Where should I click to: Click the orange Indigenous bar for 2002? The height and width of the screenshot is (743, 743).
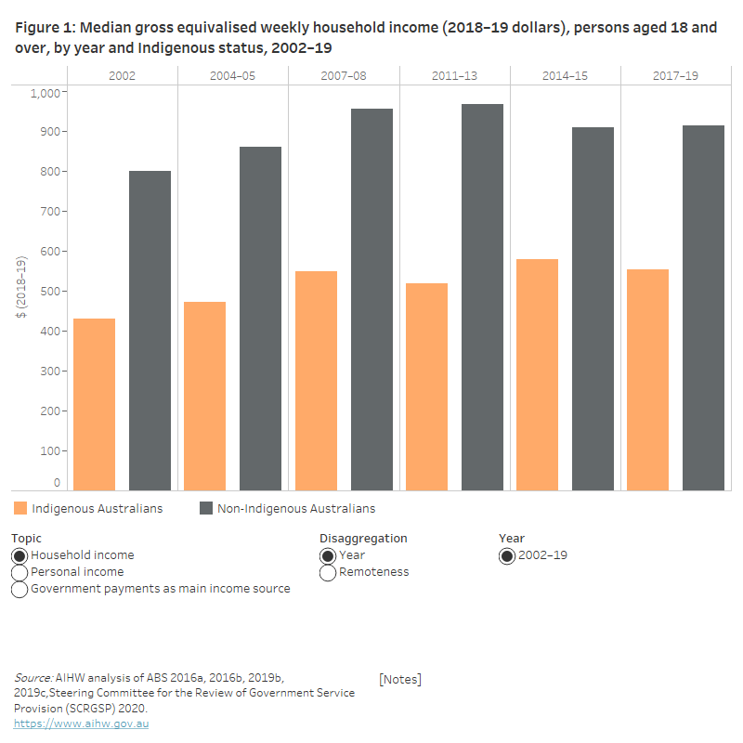[x=94, y=404]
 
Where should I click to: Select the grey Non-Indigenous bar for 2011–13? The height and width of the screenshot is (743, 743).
[x=482, y=297]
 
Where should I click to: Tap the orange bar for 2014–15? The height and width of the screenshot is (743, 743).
[x=537, y=374]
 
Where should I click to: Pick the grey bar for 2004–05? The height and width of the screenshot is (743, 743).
[x=260, y=318]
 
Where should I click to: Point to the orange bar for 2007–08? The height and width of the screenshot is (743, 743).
[x=316, y=381]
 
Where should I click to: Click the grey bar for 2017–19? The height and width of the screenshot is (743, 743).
[x=703, y=307]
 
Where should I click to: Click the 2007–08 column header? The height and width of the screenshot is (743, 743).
[x=344, y=75]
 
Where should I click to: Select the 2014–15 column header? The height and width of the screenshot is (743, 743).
[x=565, y=75]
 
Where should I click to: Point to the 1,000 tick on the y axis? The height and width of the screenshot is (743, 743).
[x=45, y=92]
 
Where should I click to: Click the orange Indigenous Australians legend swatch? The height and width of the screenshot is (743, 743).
[x=20, y=508]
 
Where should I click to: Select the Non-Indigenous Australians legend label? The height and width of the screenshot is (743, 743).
[x=295, y=508]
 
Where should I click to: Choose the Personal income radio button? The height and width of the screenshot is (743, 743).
[x=20, y=572]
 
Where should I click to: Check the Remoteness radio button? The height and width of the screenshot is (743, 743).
[x=328, y=572]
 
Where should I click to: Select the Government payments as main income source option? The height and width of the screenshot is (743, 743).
[x=20, y=589]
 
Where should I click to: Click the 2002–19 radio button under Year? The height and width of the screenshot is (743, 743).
[x=507, y=555]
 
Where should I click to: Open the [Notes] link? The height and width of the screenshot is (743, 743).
[x=399, y=679]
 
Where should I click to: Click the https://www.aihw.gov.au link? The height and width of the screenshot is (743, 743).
[x=81, y=723]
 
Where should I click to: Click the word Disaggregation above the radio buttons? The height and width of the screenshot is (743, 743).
[x=363, y=538]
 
